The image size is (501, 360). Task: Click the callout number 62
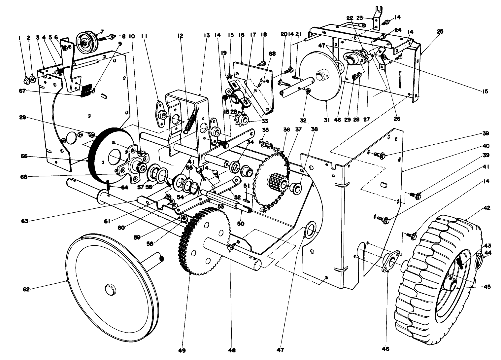26,290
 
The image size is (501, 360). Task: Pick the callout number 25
440,32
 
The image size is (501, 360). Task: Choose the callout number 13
207,35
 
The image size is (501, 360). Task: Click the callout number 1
19,38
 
